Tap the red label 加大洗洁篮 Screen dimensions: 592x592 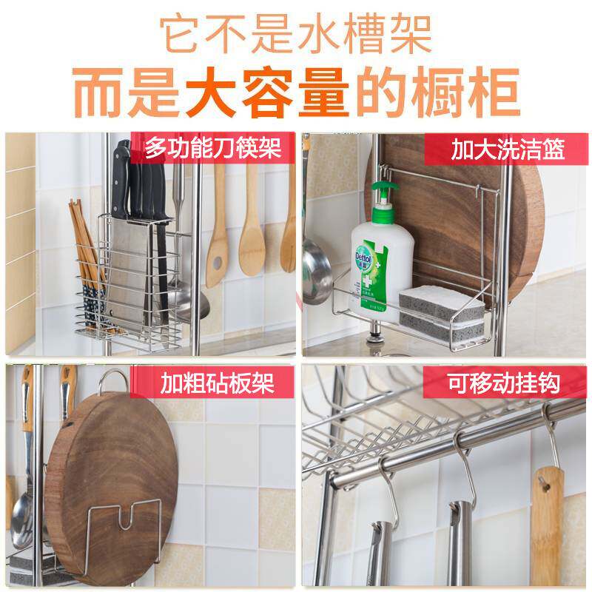click(x=508, y=150)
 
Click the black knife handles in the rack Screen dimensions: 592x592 click(x=141, y=189)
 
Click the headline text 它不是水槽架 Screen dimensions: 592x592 click(x=296, y=34)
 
